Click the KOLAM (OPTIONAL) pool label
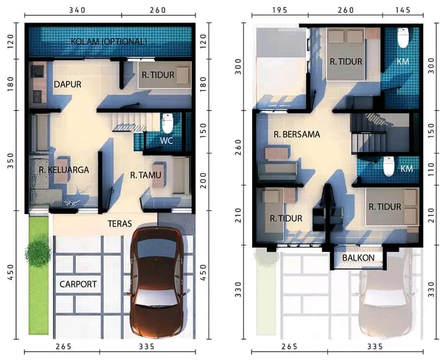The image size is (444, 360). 109,42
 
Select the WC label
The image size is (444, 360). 166,140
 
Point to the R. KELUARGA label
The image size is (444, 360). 64,169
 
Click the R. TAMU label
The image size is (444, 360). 146,176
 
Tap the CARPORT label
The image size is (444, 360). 78,284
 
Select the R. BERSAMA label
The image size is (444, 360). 297,133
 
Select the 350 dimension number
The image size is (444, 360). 11,164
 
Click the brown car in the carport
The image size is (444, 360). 158,283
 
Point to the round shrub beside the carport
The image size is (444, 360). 38,252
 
